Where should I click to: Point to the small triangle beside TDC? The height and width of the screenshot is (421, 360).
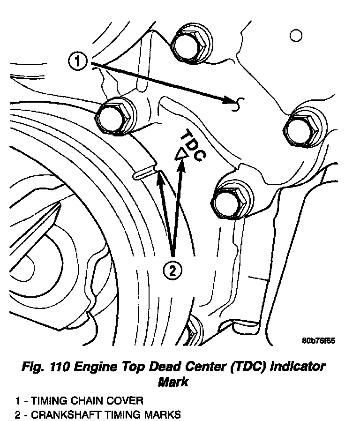[180, 154]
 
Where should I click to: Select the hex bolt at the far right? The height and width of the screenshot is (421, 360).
[303, 128]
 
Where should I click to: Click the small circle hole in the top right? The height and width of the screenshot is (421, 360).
[295, 36]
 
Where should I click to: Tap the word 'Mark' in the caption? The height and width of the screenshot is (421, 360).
[173, 382]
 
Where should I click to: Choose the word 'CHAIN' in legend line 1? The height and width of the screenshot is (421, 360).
[85, 401]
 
